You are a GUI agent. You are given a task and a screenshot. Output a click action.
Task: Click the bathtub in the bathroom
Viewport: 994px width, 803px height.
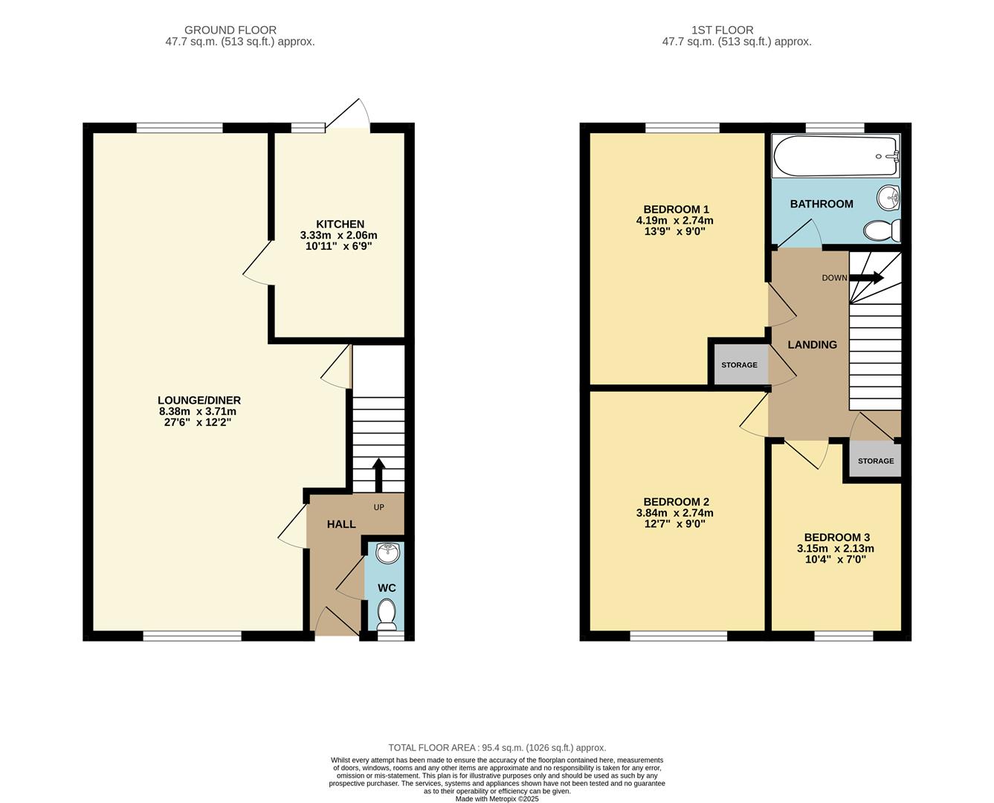[x=835, y=156]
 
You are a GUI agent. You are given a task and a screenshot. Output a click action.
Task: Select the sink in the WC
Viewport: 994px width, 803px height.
[x=387, y=554]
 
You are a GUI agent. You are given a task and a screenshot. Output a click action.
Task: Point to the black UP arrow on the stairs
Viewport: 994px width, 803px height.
[x=378, y=474]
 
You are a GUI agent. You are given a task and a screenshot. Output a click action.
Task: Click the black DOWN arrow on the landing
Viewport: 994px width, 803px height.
[x=867, y=278]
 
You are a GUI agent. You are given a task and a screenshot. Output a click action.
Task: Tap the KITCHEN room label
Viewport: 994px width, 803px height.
[x=340, y=224]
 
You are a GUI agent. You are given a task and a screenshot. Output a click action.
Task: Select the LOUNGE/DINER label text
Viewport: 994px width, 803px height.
[x=199, y=400]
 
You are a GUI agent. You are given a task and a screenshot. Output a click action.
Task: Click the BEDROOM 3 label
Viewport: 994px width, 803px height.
[x=836, y=537]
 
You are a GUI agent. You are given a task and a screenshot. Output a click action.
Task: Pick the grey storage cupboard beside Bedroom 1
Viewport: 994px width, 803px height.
[x=739, y=365]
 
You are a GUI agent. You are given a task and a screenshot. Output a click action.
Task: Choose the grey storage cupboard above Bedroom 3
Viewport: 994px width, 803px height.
[x=875, y=461]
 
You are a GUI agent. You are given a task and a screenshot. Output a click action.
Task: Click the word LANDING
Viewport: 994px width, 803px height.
[x=812, y=345]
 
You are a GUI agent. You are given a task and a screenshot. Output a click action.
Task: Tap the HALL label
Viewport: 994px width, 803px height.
[x=341, y=524]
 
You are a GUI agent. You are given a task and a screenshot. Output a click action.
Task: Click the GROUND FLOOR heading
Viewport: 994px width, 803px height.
[x=230, y=30]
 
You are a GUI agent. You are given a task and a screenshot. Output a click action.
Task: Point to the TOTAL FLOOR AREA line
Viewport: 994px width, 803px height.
[x=497, y=748]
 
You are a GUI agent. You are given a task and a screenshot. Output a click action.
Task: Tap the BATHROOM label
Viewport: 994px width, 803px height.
[x=821, y=204]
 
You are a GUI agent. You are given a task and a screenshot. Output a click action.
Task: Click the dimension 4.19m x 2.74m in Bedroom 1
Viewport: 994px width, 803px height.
[x=674, y=220]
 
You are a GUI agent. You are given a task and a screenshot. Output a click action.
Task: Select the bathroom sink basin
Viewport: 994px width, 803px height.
[x=888, y=199]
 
